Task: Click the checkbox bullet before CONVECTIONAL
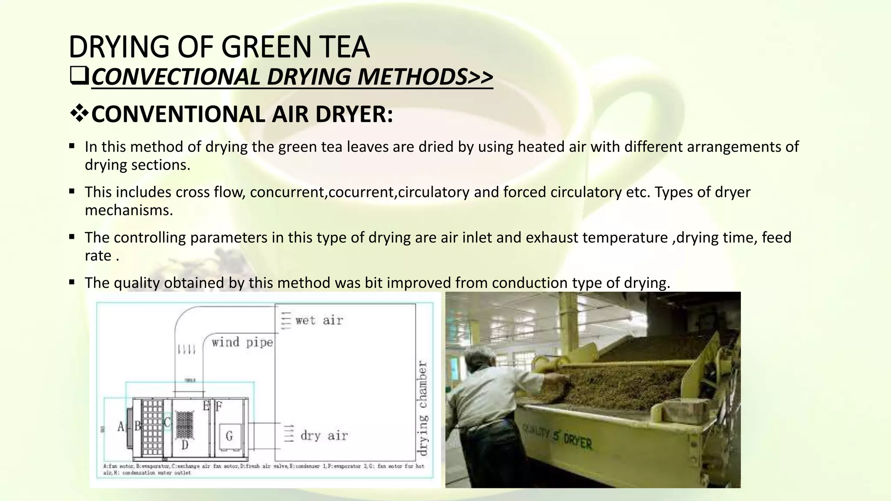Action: (x=79, y=77)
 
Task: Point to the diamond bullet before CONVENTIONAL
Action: (x=79, y=114)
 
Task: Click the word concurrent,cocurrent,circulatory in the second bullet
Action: (x=360, y=192)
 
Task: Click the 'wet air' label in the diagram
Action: (x=319, y=321)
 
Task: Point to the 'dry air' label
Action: (x=324, y=436)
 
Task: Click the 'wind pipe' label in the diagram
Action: (x=242, y=343)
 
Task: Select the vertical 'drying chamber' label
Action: (x=422, y=407)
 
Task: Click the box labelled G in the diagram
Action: (x=229, y=435)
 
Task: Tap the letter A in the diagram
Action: (x=121, y=427)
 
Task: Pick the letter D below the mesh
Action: (x=185, y=445)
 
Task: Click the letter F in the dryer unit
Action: (x=219, y=407)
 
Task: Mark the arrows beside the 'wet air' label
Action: (x=285, y=321)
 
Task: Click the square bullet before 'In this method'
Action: (x=72, y=146)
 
